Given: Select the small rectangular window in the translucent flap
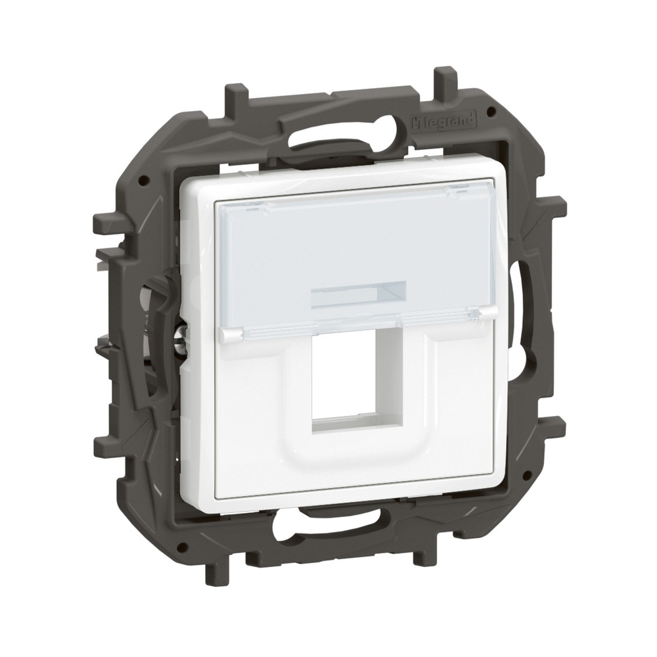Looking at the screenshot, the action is pos(358,292).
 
